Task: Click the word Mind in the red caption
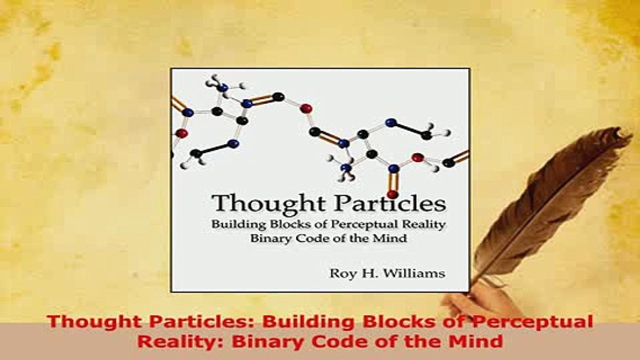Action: [477, 341]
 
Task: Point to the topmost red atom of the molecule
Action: [306, 108]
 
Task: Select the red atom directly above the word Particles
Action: [392, 194]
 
